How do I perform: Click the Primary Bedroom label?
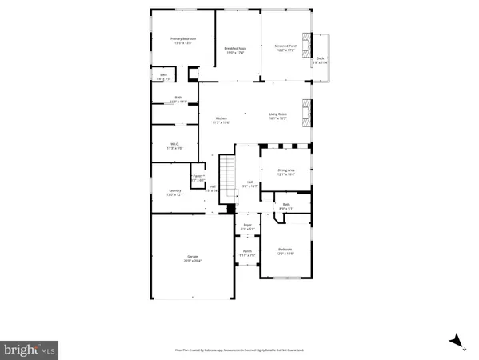pos(182,41)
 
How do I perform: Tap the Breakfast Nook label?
pos(235,50)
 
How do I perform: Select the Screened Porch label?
pos(286,47)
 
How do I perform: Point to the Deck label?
pos(320,59)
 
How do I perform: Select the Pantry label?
pos(198,178)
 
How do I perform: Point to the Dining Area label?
pos(286,172)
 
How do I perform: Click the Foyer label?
pos(248,227)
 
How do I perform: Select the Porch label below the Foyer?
pos(248,254)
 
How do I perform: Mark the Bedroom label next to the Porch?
pos(285,252)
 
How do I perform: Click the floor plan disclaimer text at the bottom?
pos(239,350)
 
